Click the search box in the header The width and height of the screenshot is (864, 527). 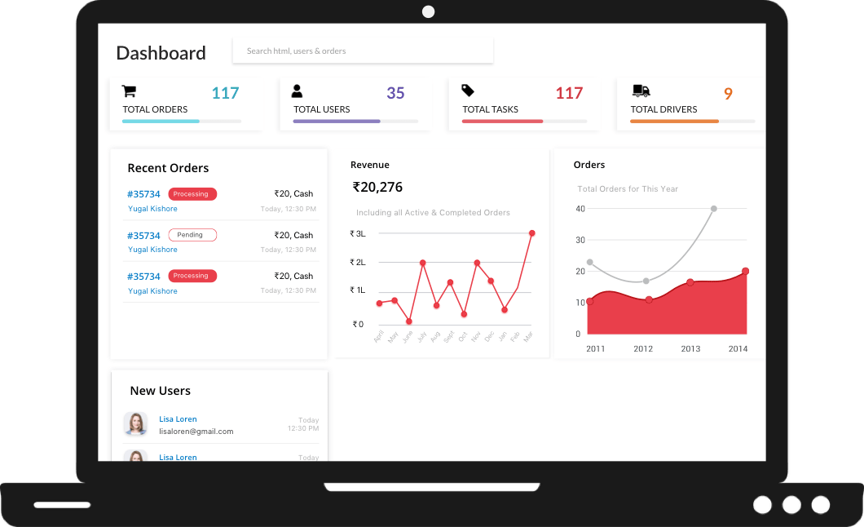point(363,51)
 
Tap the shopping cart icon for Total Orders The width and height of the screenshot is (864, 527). point(129,91)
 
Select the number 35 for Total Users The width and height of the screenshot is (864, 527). point(395,93)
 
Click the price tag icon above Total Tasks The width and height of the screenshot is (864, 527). point(468,91)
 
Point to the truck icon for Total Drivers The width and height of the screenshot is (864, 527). point(641,91)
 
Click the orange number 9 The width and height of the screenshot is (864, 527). point(728,94)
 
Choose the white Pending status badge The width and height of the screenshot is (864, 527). point(192,235)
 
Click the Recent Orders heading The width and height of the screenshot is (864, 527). point(168,168)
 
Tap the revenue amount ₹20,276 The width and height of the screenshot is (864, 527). point(377,187)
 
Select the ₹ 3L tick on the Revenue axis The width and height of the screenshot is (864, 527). point(358,233)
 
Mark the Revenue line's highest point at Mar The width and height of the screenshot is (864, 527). point(531,233)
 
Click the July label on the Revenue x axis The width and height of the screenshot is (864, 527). point(421,335)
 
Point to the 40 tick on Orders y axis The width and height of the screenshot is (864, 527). point(580,209)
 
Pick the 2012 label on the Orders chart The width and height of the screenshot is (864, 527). point(643,348)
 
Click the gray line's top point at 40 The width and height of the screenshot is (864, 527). point(714,209)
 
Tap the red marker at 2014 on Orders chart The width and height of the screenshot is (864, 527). point(745,272)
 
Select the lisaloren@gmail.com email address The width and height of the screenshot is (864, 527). point(196,432)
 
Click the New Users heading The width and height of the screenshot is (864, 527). point(160,391)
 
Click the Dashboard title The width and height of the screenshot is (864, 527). point(161,53)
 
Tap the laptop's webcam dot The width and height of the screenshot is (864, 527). point(428,11)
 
